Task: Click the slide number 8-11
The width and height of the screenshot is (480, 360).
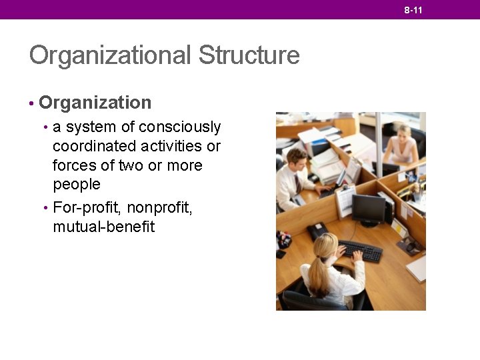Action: (413, 10)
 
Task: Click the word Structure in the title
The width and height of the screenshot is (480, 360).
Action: (249, 55)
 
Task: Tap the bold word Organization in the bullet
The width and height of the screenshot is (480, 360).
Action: (95, 103)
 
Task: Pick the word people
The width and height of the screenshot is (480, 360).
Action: (77, 184)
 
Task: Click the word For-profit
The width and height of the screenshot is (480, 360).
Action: (88, 208)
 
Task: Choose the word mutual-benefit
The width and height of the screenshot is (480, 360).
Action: (103, 227)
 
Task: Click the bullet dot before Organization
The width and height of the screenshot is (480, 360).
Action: (31, 104)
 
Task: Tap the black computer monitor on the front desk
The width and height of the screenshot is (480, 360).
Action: (369, 209)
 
